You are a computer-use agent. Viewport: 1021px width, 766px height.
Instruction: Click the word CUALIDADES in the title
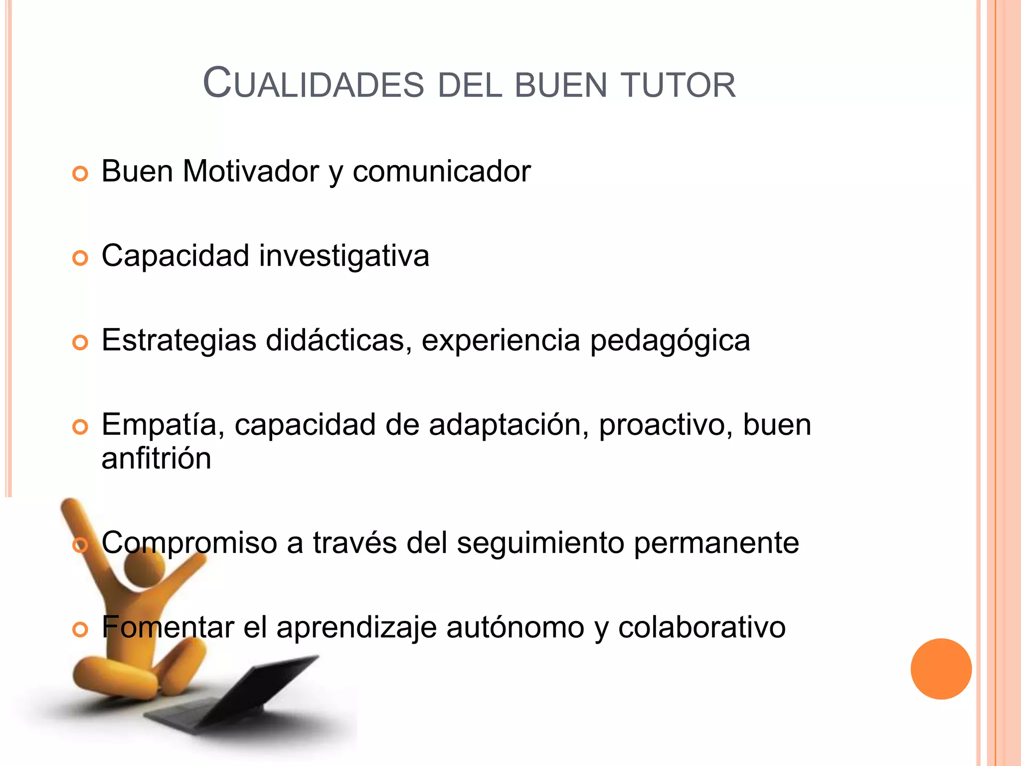(x=314, y=84)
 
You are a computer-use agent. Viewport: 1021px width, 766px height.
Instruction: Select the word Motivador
(x=250, y=171)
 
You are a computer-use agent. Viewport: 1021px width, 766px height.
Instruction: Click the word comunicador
(x=441, y=171)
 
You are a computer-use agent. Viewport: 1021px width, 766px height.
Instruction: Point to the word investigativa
(x=343, y=256)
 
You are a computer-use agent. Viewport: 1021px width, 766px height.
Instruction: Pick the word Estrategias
(x=179, y=341)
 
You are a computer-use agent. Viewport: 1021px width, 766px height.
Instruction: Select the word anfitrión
(x=156, y=458)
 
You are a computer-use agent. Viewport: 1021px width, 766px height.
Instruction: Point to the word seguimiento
(x=540, y=543)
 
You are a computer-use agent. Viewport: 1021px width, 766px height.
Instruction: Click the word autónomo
(x=515, y=627)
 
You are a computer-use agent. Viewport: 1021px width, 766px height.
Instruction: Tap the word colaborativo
(x=701, y=627)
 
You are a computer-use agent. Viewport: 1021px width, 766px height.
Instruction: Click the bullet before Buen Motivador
(x=80, y=174)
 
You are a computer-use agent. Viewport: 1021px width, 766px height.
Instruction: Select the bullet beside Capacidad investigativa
(x=80, y=258)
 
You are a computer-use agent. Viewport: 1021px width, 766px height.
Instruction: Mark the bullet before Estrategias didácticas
(x=80, y=343)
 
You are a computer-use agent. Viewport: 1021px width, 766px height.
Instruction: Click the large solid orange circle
(x=941, y=669)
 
